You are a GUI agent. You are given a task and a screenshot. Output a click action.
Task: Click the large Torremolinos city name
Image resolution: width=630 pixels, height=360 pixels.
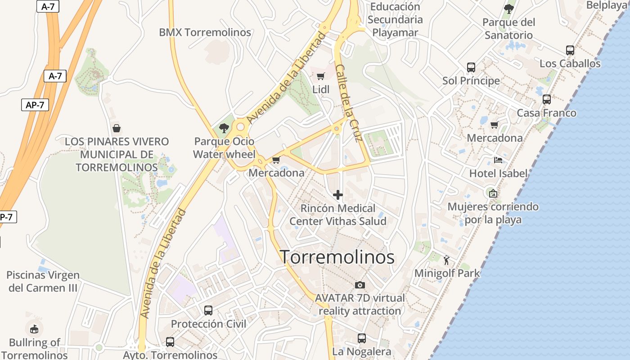click(x=337, y=257)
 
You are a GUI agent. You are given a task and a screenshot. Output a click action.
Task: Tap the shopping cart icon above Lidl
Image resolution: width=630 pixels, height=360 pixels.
click(x=320, y=76)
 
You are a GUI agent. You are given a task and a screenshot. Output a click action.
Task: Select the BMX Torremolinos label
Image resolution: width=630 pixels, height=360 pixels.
click(x=205, y=32)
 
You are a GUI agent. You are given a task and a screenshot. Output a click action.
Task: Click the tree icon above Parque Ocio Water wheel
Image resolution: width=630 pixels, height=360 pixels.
click(x=224, y=128)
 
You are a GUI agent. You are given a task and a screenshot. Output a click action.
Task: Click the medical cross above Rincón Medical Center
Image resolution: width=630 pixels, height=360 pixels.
click(x=337, y=195)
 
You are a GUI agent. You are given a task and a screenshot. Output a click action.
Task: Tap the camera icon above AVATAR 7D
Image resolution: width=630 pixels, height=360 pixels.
click(x=360, y=285)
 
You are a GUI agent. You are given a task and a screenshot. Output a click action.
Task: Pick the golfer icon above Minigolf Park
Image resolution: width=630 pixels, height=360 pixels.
click(x=446, y=260)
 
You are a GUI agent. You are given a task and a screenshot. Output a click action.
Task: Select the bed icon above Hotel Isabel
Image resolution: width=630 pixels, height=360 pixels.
click(x=498, y=160)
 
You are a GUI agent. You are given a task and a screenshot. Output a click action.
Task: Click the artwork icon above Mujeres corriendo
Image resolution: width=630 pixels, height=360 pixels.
click(x=493, y=193)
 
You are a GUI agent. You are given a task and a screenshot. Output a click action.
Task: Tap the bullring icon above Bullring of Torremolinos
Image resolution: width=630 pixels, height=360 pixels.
click(x=34, y=329)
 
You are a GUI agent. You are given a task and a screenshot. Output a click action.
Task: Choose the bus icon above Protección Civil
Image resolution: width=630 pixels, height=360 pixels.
click(x=208, y=310)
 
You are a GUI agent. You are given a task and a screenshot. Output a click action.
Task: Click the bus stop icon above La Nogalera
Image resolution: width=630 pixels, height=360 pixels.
click(x=362, y=338)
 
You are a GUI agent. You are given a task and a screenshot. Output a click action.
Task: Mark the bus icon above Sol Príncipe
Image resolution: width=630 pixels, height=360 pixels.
click(x=471, y=67)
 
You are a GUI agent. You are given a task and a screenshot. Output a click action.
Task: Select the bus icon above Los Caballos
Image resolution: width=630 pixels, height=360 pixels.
click(x=570, y=50)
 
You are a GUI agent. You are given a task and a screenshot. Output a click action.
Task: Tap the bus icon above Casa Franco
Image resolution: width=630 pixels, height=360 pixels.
click(x=547, y=99)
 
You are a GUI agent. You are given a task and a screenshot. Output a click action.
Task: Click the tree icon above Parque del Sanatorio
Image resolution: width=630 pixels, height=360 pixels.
click(x=508, y=9)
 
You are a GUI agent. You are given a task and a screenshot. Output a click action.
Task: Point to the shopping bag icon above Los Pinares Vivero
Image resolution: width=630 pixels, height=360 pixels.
click(x=117, y=128)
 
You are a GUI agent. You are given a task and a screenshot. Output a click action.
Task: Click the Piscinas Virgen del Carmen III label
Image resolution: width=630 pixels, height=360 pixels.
click(x=43, y=281)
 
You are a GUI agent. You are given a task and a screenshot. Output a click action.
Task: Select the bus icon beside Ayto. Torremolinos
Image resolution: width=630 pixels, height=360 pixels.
click(x=170, y=342)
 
